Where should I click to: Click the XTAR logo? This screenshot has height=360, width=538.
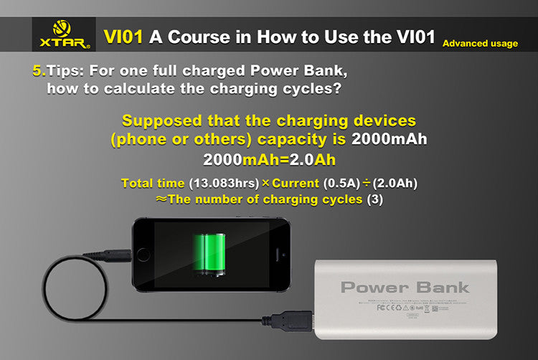62,34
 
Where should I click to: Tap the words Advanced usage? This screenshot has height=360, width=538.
480,44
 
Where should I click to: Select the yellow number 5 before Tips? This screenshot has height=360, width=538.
38,72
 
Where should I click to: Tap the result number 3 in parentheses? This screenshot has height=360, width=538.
374,200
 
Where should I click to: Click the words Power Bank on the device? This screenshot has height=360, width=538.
405,288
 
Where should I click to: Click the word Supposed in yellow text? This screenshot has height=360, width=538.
161,120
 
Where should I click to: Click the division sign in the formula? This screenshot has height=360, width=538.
366,184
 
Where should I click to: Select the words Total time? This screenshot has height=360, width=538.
153,184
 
